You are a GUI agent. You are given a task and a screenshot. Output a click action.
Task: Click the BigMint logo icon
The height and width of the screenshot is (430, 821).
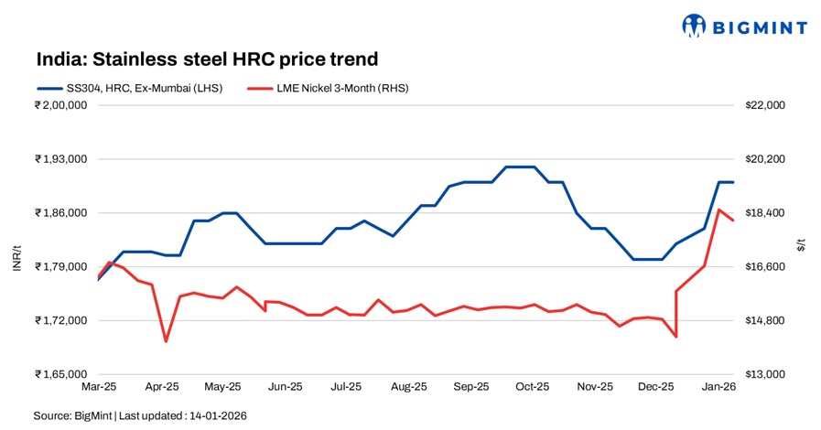(695, 27)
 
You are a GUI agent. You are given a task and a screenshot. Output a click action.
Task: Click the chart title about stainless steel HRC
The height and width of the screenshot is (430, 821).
(207, 59)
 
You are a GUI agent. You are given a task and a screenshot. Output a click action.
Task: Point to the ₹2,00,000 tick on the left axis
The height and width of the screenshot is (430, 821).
(60, 105)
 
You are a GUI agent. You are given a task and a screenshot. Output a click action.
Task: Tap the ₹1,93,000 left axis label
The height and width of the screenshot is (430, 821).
(60, 159)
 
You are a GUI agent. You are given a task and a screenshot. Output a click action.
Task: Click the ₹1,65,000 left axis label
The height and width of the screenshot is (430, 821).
(60, 374)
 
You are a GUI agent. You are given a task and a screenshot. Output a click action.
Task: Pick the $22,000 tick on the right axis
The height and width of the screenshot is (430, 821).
(767, 105)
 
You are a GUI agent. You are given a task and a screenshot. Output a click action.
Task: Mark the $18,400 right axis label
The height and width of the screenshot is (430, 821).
(767, 213)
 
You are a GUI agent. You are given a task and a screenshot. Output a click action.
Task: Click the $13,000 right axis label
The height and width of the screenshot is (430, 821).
(767, 374)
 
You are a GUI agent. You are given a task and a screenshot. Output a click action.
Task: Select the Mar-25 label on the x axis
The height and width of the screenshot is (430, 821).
(98, 388)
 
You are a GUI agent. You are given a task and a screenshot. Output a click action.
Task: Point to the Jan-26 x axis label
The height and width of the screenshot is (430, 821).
(718, 388)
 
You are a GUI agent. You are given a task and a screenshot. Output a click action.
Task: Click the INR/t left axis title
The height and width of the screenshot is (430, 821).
(16, 258)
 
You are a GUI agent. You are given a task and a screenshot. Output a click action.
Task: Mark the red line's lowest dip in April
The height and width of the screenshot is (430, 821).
(166, 341)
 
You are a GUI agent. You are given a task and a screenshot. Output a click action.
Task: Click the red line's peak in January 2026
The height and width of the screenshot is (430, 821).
(719, 210)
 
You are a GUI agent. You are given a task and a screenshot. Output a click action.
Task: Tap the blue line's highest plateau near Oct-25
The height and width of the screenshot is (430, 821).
(519, 167)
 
